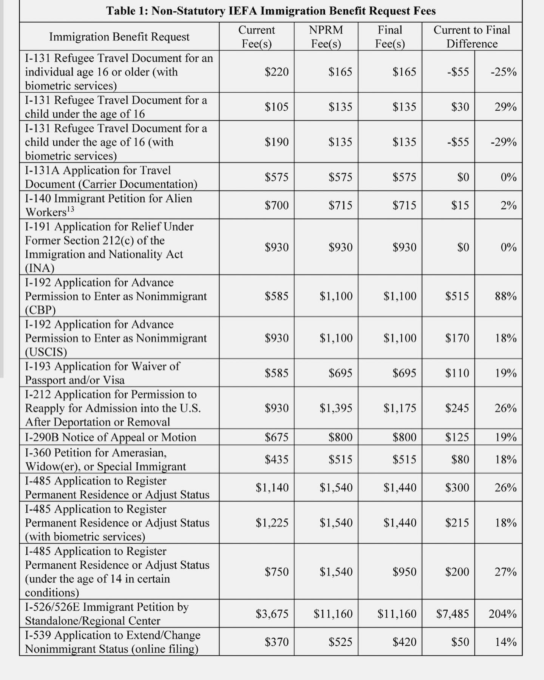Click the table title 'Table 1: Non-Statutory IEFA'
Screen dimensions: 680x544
point(270,11)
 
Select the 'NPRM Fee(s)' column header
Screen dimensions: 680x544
point(326,37)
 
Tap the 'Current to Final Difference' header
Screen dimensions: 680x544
point(471,37)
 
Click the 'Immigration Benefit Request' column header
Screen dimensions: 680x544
point(119,37)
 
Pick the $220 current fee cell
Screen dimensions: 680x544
point(276,72)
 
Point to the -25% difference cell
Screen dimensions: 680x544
point(503,72)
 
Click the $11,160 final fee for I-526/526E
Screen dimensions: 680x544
point(397,614)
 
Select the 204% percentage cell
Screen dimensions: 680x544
point(502,614)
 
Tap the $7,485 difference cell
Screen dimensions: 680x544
point(452,614)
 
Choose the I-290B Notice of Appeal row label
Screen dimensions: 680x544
point(111,437)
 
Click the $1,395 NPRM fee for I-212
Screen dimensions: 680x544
point(336,408)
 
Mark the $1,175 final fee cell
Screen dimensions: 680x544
point(400,408)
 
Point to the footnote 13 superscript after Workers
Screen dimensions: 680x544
point(70,209)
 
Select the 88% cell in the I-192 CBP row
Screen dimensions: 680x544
point(505,296)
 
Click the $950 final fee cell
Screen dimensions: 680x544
point(404,572)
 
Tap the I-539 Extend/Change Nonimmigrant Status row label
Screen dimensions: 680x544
point(112,642)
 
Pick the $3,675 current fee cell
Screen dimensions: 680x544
point(272,614)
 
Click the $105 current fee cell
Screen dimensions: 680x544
point(276,107)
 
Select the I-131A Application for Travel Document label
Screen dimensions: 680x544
point(111,177)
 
